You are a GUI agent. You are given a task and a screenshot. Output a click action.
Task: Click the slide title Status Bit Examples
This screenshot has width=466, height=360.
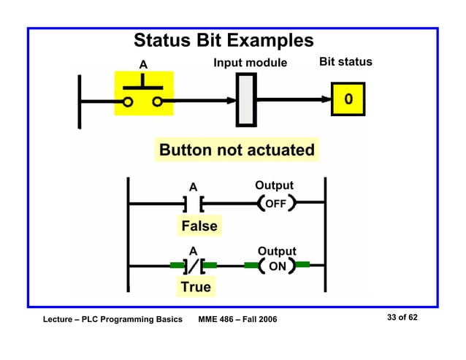[224, 40]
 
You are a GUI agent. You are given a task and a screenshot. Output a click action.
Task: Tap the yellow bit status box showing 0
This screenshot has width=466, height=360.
[348, 99]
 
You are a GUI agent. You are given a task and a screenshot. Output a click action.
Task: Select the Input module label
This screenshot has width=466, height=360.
[250, 63]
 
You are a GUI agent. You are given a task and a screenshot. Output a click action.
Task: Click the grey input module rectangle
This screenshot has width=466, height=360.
[246, 100]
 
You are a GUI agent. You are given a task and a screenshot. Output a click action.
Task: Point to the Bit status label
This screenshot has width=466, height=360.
[345, 62]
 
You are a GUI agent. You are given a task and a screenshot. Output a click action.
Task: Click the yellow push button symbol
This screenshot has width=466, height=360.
[143, 94]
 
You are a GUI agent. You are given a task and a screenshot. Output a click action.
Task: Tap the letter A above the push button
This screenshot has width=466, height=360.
[143, 65]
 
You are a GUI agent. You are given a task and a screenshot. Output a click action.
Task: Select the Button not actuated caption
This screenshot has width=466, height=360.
[237, 150]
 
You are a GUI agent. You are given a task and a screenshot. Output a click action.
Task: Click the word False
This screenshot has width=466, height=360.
[199, 226]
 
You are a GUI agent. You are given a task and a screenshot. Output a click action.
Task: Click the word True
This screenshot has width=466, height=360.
[196, 287]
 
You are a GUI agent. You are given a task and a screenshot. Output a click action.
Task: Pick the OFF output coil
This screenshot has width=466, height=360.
[275, 203]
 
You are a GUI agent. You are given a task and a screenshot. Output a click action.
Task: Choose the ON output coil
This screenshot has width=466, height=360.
[277, 267]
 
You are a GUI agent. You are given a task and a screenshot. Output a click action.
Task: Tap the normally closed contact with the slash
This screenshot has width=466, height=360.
[194, 267]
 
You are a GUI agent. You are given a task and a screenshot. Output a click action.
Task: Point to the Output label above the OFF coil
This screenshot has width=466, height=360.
[274, 185]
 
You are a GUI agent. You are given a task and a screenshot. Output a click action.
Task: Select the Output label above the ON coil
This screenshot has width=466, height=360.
[277, 251]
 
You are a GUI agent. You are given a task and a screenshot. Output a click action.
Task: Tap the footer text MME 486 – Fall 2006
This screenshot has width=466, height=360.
[237, 320]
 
